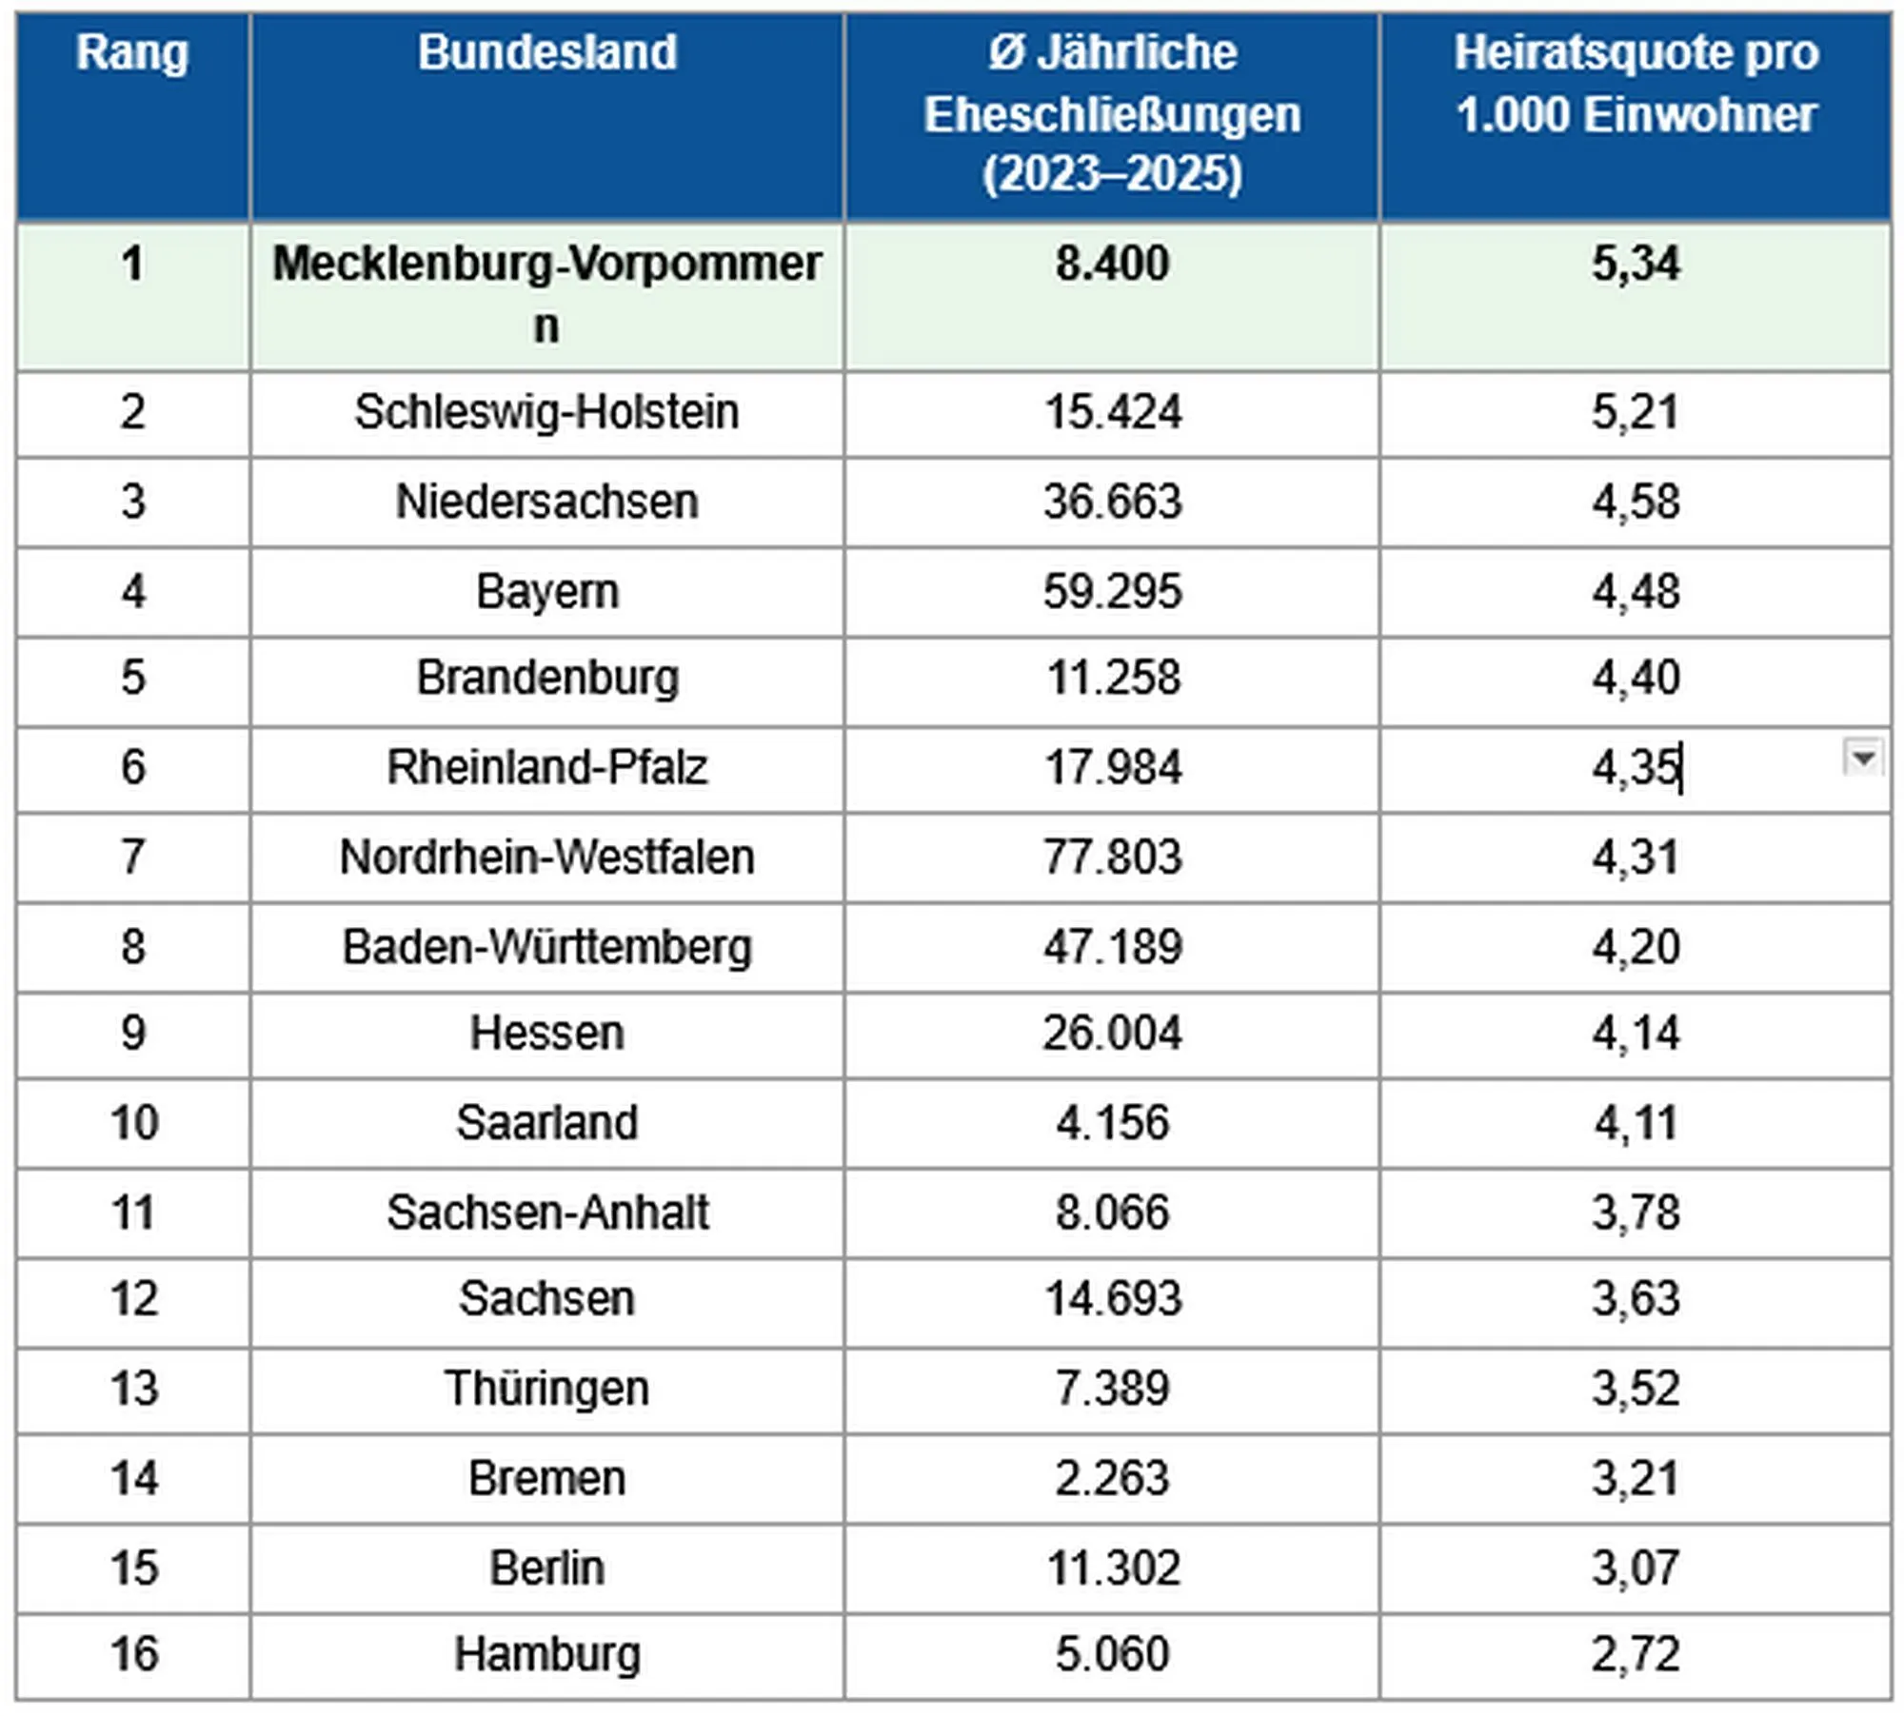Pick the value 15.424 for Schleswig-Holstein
[1112, 412]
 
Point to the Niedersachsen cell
[546, 502]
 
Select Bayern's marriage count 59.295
[1112, 591]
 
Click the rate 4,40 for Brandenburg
[1636, 678]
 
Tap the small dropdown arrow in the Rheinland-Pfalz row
[1863, 758]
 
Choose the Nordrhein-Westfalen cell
[546, 857]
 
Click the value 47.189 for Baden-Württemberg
[1112, 947]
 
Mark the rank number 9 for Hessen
[133, 1033]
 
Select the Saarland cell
[546, 1122]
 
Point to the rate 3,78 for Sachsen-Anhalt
[1636, 1213]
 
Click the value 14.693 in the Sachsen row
[1112, 1298]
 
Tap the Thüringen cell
[546, 1388]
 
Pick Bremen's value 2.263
[1112, 1478]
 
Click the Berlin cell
[546, 1568]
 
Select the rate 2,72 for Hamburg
[1636, 1654]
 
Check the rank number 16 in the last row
[133, 1654]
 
